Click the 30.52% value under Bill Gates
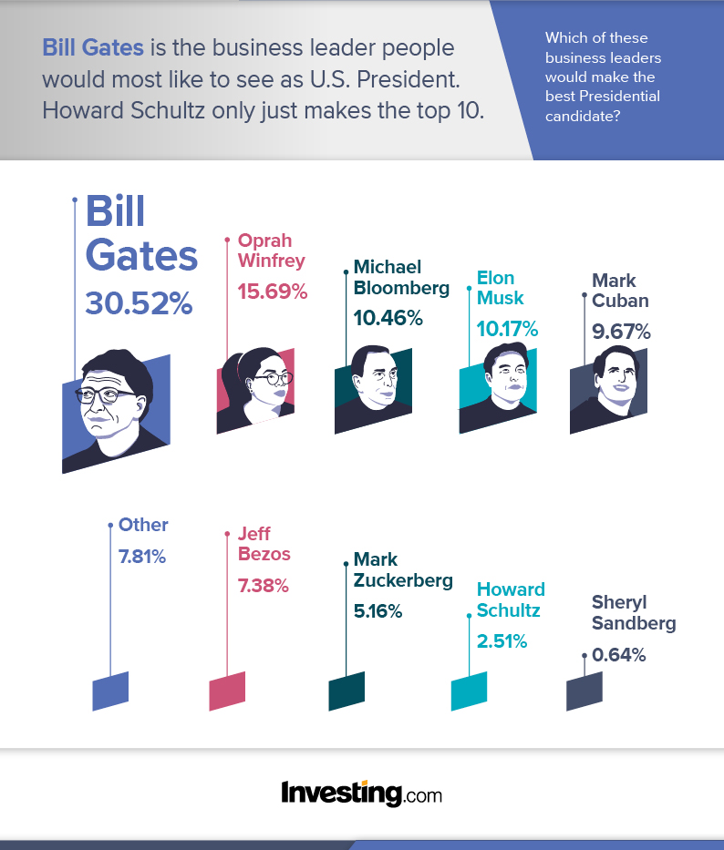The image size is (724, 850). point(139,302)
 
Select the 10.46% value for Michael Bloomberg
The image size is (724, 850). point(388,318)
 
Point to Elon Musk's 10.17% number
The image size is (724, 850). point(507,328)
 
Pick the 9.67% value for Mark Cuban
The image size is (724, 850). point(621,332)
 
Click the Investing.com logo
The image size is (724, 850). point(362,793)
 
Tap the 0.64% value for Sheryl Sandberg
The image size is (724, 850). point(618,654)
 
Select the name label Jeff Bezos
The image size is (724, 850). point(264,544)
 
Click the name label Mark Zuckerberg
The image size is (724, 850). point(402,569)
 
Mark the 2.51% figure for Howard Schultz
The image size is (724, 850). point(502,640)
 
